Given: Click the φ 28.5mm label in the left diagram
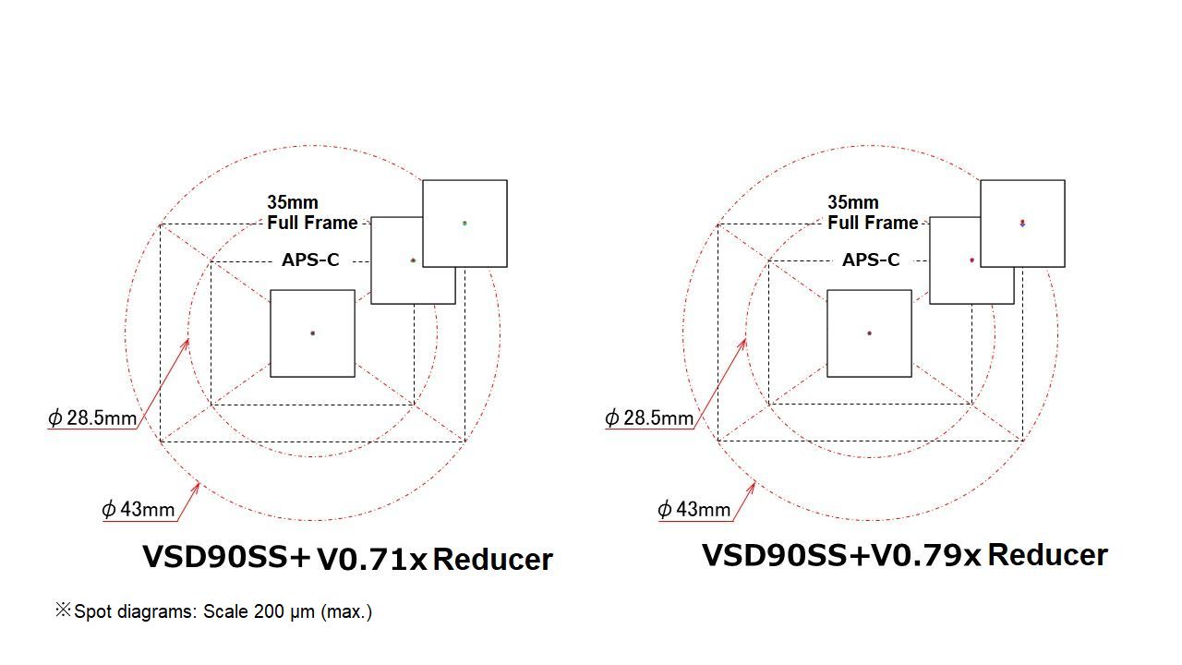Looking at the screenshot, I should (x=92, y=418).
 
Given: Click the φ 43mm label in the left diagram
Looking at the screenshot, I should (x=138, y=509).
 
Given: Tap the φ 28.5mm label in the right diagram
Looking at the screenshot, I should (x=649, y=418).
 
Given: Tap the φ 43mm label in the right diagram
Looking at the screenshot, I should (x=694, y=509).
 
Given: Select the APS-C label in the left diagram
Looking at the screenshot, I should (x=310, y=260).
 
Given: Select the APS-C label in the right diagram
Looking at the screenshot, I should (x=871, y=260).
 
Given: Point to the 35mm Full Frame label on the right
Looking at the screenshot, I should (x=873, y=212).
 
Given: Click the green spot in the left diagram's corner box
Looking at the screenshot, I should (x=464, y=223).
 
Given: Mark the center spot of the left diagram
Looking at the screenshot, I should (x=312, y=332).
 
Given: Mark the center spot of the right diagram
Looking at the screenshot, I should (x=869, y=332).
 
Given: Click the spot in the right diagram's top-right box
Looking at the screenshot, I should (x=1022, y=223).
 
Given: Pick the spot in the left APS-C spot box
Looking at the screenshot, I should (x=413, y=260).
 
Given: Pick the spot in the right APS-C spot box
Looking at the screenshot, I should (x=971, y=260).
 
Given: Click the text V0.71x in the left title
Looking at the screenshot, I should (x=371, y=559).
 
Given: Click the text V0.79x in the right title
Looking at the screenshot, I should (x=926, y=555).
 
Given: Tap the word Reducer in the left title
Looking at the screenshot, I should (x=492, y=559).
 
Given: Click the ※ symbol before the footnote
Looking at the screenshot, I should (x=63, y=610).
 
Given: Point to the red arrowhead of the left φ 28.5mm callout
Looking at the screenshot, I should (x=187, y=341).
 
